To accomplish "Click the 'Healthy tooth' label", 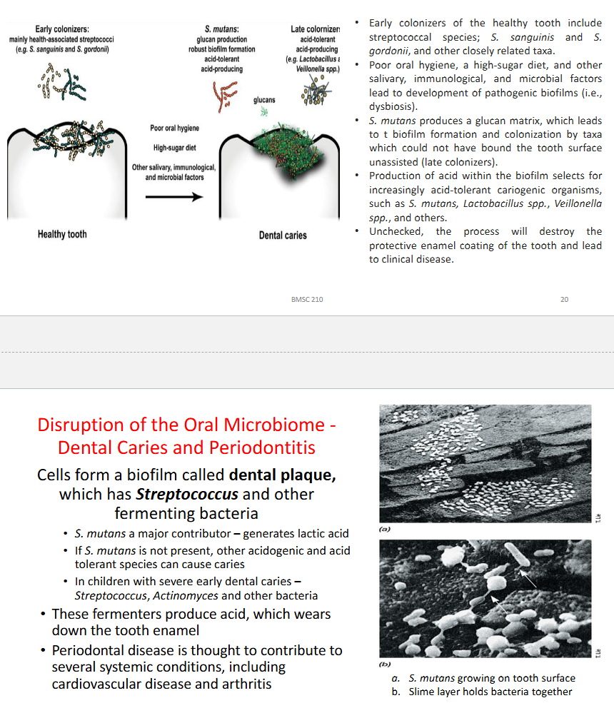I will pyautogui.click(x=62, y=234).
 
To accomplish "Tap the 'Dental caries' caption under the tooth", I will pyautogui.click(x=283, y=235).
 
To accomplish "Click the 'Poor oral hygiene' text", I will pyautogui.click(x=175, y=128).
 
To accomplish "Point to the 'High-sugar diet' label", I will pyautogui.click(x=175, y=148).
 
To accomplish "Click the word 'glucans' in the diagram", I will pyautogui.click(x=264, y=101).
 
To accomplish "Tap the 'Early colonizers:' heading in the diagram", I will pyautogui.click(x=61, y=29).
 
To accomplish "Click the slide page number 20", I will pyautogui.click(x=564, y=299).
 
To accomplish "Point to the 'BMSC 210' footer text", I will pyautogui.click(x=307, y=299).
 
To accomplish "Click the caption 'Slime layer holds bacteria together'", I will pyautogui.click(x=490, y=692).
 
